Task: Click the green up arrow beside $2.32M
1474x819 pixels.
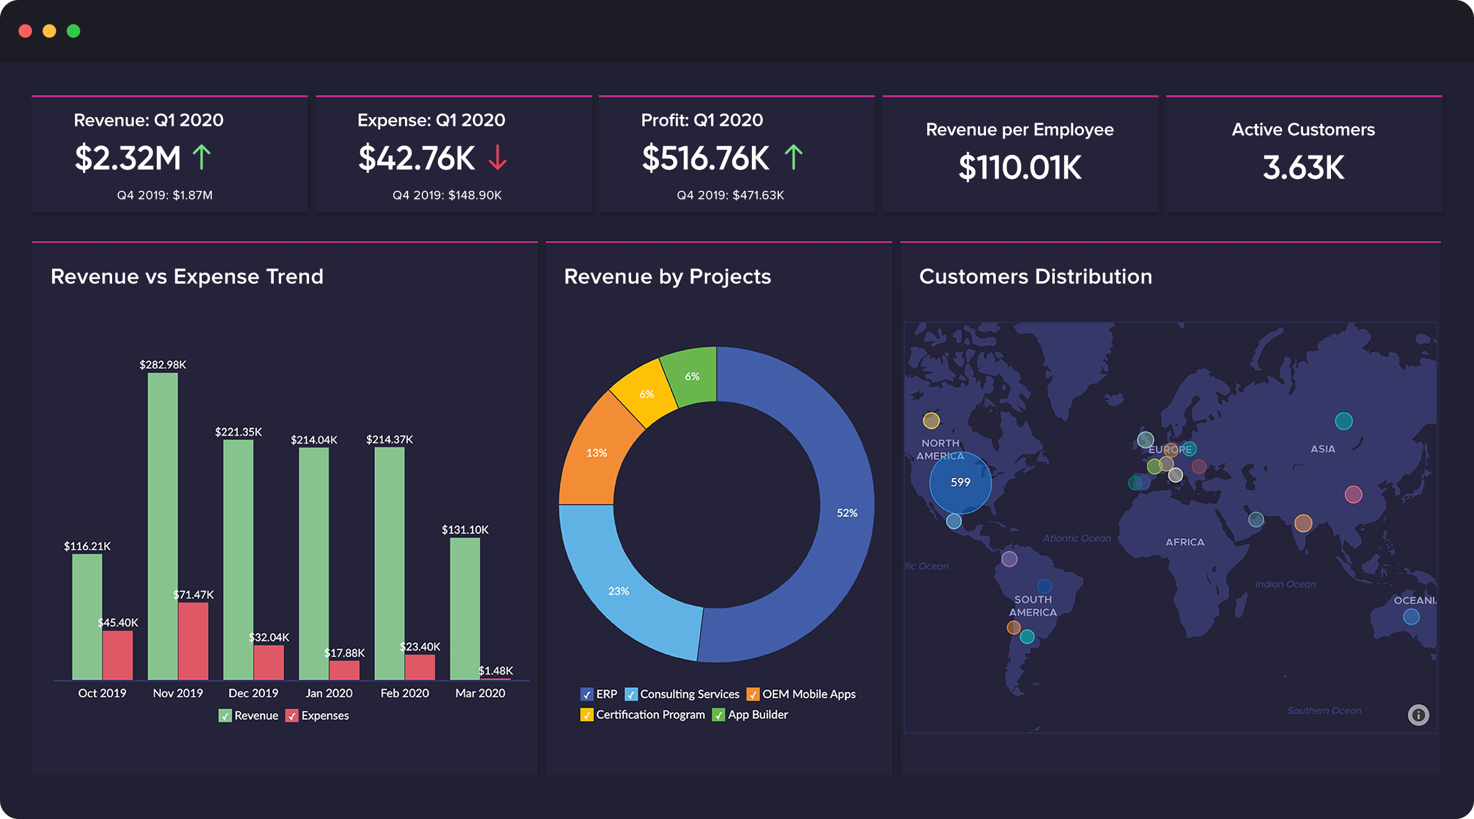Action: point(201,157)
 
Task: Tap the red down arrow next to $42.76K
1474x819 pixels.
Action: point(497,157)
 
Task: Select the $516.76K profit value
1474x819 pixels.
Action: point(705,158)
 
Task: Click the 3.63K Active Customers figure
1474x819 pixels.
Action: point(1303,167)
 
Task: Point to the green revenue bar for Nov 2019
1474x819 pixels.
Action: point(163,527)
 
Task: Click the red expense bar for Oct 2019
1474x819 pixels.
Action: point(118,655)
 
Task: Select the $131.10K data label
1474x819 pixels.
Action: point(464,530)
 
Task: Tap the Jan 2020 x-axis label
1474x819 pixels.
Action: point(329,693)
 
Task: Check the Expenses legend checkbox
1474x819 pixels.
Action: point(292,716)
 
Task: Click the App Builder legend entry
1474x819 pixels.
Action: point(757,715)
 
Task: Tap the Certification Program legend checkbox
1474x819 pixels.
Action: point(586,715)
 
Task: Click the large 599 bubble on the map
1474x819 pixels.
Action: point(960,483)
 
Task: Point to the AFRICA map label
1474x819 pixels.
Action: point(1185,542)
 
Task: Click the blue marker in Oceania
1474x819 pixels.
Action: point(1411,616)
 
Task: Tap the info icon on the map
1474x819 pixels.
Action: point(1418,715)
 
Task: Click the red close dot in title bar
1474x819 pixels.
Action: point(25,31)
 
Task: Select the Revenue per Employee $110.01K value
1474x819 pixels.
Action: point(1019,167)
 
